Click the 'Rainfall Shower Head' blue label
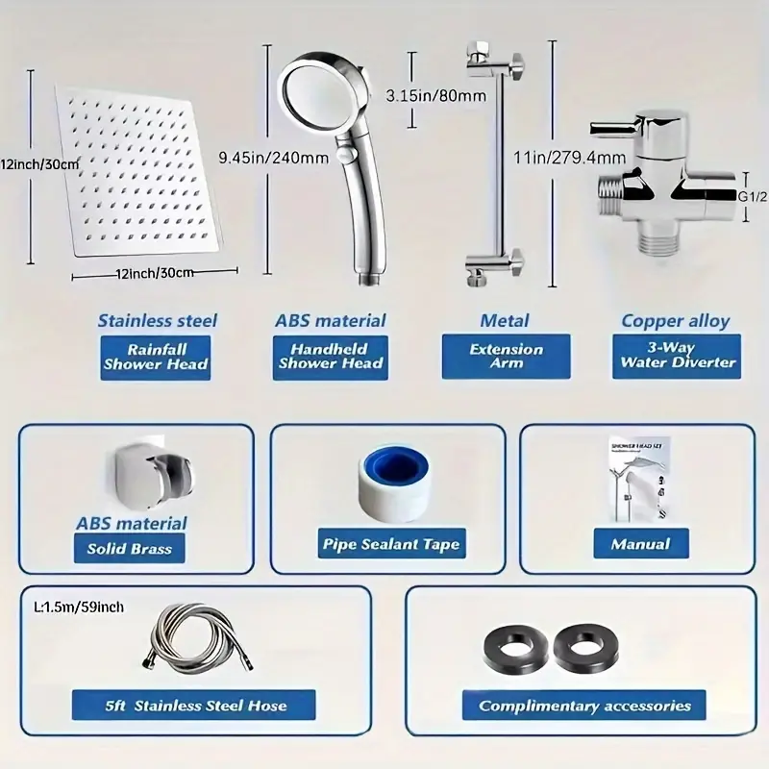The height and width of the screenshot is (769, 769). point(156,357)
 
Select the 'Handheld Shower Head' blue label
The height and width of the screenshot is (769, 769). point(331,357)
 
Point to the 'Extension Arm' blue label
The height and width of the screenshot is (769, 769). point(507,357)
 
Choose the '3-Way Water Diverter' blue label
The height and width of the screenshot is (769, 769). point(678,357)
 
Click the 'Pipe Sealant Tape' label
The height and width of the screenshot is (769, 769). point(391,544)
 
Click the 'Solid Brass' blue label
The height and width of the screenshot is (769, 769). point(129,549)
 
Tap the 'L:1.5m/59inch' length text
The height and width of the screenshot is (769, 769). point(79,608)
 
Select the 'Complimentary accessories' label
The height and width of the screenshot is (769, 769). point(584,706)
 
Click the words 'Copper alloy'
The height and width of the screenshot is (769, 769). point(675,321)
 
